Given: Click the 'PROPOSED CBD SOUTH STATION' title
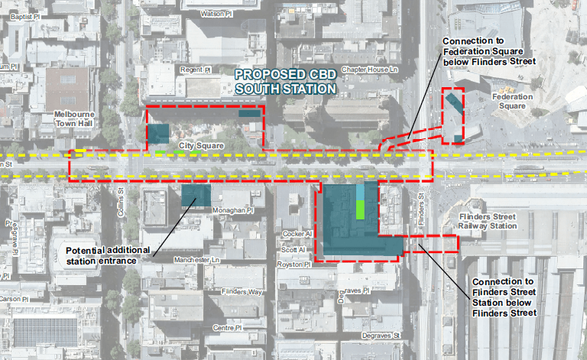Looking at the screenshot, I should click(286, 82).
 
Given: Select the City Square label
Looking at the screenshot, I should click(202, 144).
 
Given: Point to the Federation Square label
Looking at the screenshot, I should click(513, 102).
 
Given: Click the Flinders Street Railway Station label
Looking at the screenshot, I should click(489, 222).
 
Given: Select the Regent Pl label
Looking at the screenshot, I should click(195, 70).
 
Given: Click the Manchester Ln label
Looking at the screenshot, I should click(196, 260).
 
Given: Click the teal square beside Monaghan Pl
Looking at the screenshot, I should click(196, 196).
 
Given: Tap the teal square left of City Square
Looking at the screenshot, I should click(159, 133).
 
